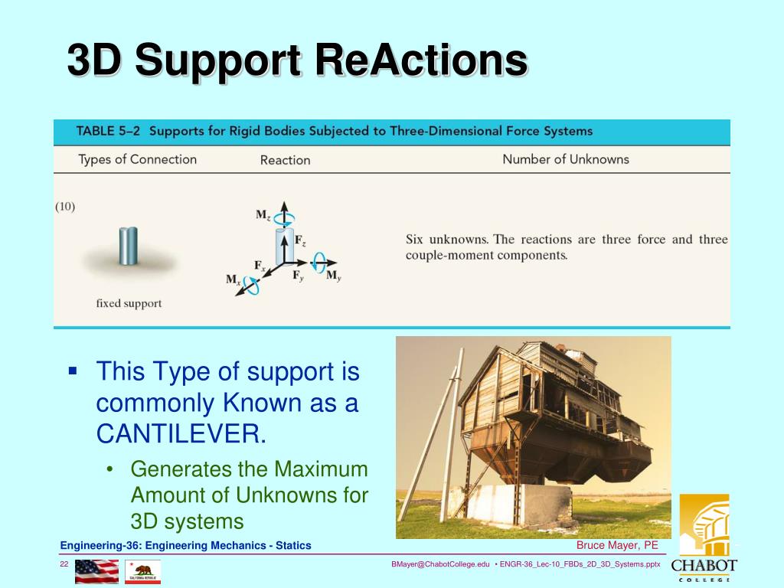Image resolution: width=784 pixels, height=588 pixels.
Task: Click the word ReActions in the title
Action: [x=420, y=60]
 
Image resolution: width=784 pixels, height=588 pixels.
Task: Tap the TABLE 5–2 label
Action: [x=108, y=131]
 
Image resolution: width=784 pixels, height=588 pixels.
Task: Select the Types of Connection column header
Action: [x=138, y=159]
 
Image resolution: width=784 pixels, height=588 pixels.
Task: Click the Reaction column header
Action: [x=285, y=160]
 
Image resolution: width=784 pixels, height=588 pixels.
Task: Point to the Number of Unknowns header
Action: [x=566, y=159]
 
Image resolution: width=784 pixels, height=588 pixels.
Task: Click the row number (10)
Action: [x=65, y=207]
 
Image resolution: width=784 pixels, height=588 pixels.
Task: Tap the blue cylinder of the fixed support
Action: [x=129, y=246]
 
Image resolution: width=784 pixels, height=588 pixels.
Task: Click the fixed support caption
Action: [x=129, y=303]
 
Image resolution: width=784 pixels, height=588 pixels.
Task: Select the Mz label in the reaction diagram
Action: [x=263, y=215]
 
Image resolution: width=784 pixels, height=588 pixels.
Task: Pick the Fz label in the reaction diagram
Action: [x=300, y=240]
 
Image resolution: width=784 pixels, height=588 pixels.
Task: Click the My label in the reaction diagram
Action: [x=334, y=276]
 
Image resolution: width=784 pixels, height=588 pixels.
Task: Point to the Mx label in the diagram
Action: [x=233, y=279]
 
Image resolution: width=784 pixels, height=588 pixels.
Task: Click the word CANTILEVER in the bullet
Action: [x=181, y=433]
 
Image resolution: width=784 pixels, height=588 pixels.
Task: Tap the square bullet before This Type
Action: [x=73, y=371]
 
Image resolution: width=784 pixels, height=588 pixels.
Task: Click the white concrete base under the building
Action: [x=511, y=502]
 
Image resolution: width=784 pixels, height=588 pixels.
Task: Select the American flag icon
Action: [x=97, y=571]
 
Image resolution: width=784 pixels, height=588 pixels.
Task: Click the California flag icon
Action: [x=143, y=571]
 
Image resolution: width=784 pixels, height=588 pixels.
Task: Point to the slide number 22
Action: [x=64, y=564]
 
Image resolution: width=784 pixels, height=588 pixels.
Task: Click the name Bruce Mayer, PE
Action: [x=617, y=545]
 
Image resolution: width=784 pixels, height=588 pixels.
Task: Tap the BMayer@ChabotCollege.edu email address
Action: [x=440, y=564]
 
